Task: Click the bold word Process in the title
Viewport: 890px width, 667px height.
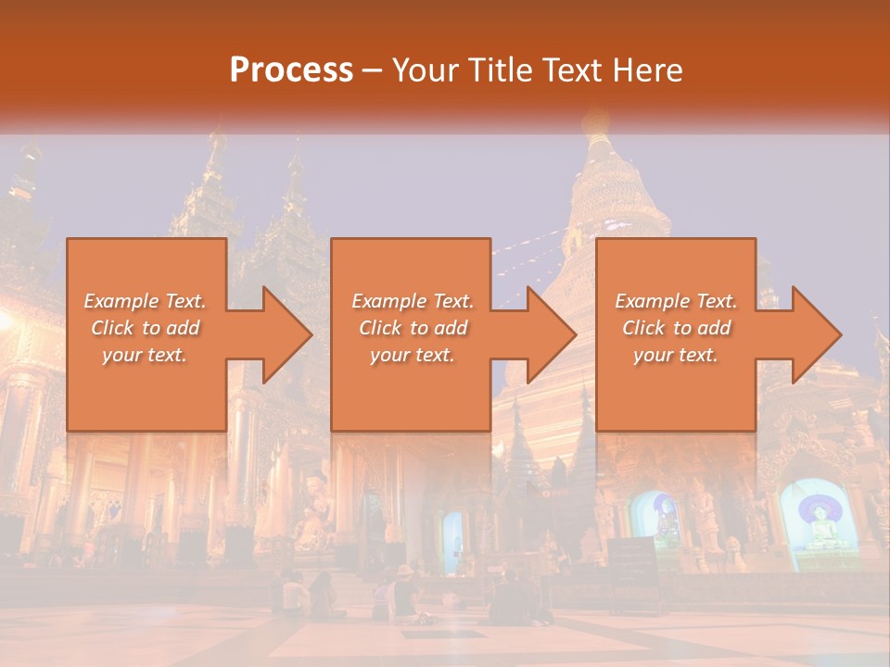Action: click(291, 70)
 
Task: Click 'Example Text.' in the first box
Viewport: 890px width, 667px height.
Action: click(146, 301)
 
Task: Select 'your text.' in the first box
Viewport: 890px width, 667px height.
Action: click(146, 355)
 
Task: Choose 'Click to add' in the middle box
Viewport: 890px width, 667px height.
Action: click(413, 328)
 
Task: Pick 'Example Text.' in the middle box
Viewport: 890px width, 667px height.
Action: click(413, 301)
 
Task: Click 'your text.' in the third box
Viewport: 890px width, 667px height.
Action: click(676, 355)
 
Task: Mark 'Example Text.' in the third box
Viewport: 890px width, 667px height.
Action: click(676, 301)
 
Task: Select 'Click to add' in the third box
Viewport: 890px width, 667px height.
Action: click(676, 328)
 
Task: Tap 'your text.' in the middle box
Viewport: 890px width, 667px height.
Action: click(413, 355)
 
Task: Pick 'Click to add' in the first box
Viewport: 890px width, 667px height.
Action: click(146, 328)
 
